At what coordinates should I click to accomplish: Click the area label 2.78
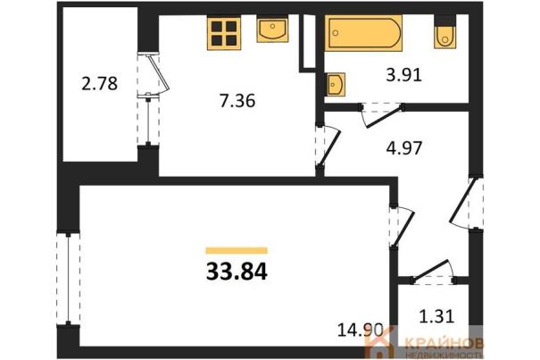(100, 84)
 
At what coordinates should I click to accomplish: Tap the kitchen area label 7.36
(237, 101)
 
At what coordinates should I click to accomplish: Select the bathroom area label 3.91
(404, 74)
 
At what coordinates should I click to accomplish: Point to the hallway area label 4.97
(404, 148)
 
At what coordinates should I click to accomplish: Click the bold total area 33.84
(237, 272)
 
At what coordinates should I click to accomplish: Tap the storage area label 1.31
(437, 316)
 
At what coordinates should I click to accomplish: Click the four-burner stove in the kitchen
(224, 33)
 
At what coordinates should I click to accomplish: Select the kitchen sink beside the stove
(272, 29)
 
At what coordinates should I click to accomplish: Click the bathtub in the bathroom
(363, 33)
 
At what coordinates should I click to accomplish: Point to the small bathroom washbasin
(335, 84)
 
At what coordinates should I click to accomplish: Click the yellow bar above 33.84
(237, 251)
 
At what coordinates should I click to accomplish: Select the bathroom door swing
(382, 115)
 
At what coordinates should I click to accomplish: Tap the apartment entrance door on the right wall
(465, 203)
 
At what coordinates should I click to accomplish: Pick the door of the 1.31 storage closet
(434, 272)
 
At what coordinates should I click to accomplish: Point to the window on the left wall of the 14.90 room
(68, 279)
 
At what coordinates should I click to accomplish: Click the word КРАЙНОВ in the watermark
(444, 343)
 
